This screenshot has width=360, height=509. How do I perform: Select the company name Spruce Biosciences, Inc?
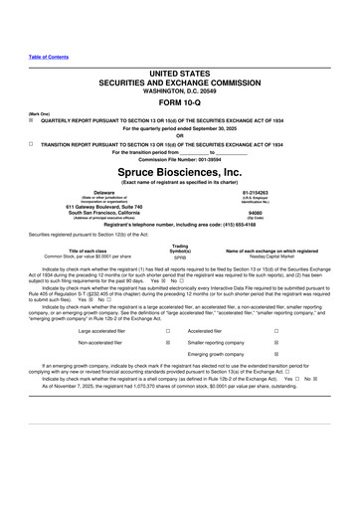tap(180, 172)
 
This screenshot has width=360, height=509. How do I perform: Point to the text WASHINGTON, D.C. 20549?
tap(180, 105)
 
